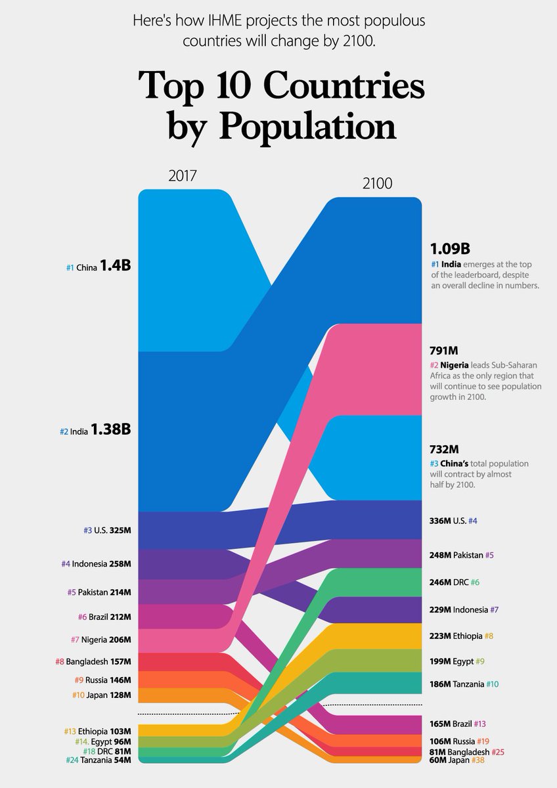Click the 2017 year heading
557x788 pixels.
183,176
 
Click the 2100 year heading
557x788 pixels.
378,183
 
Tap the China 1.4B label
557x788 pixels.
99,267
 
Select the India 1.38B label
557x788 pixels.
95,431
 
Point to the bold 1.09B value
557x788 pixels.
450,249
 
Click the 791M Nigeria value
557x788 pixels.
444,351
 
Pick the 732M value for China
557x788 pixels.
444,449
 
